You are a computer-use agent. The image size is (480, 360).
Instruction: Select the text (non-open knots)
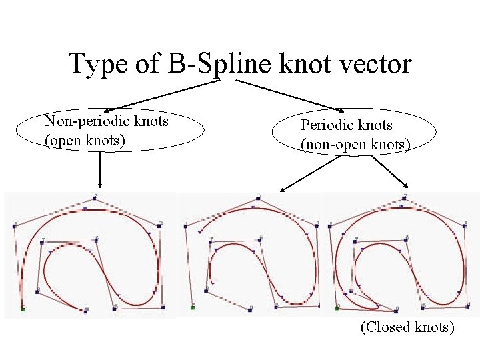click(355, 143)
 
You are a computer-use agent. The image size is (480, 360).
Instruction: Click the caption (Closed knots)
click(407, 327)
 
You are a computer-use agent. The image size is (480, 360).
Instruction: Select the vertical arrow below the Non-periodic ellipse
click(99, 169)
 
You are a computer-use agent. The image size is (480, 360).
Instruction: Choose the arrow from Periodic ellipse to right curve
click(391, 172)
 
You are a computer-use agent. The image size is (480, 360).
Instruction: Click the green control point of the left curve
click(23, 308)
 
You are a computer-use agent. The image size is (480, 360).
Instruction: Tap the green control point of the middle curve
click(192, 308)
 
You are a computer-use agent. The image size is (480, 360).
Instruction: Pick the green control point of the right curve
click(337, 308)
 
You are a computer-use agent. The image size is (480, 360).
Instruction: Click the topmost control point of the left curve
click(95, 198)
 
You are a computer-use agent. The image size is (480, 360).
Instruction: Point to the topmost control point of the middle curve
click(258, 198)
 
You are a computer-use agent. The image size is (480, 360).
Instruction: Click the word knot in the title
click(309, 64)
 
